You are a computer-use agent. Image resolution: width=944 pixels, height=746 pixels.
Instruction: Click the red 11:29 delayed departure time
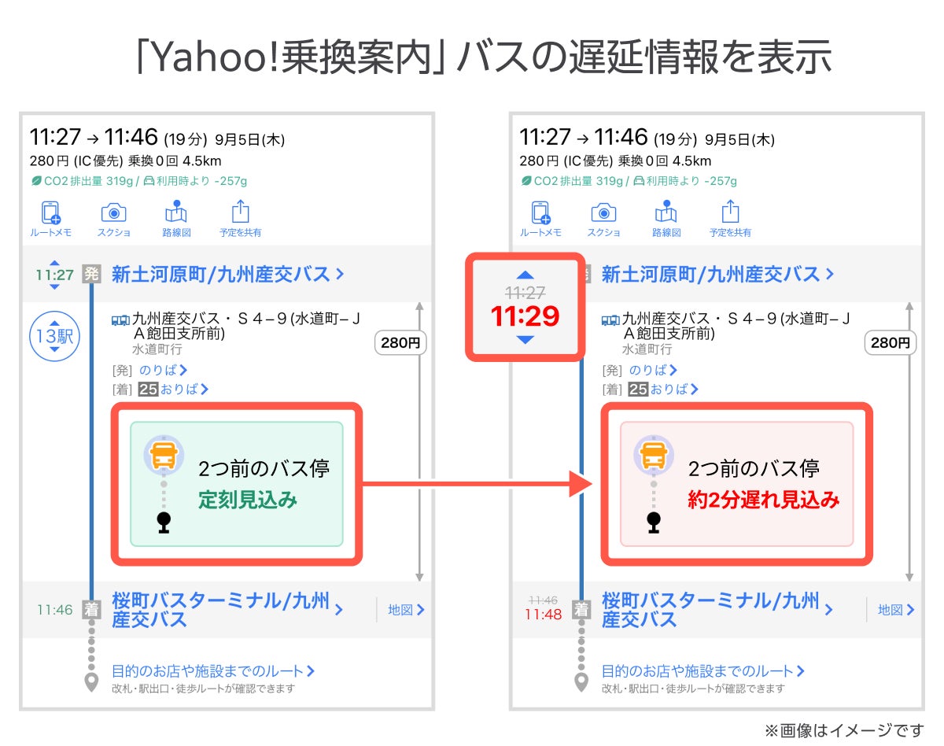[x=525, y=316]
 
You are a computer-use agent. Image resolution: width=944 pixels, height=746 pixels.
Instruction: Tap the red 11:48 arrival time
[x=543, y=615]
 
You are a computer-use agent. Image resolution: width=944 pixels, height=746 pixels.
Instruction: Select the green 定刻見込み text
[x=248, y=500]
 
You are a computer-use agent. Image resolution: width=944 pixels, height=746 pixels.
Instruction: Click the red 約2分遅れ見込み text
[x=764, y=500]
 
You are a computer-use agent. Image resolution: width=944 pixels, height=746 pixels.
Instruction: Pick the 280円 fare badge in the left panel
[x=401, y=343]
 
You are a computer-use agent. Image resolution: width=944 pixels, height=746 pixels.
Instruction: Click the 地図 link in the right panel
[x=896, y=610]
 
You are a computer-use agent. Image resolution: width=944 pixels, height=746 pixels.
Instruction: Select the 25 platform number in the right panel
[x=638, y=389]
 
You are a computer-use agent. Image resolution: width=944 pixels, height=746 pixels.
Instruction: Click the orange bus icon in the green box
[x=164, y=455]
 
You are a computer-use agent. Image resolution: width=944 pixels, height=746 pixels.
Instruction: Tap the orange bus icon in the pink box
[x=654, y=455]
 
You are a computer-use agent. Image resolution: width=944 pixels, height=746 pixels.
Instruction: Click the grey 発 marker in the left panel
[x=91, y=275]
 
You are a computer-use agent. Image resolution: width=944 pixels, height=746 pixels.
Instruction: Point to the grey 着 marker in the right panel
[x=581, y=609]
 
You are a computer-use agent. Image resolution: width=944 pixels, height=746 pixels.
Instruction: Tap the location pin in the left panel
[x=91, y=681]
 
